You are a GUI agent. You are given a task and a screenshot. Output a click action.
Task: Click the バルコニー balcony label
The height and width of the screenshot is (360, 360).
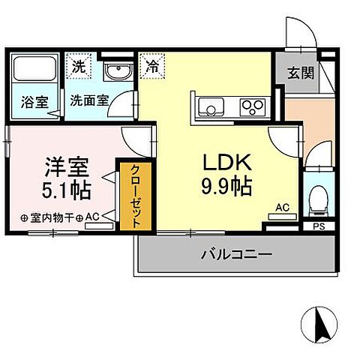point(236,253)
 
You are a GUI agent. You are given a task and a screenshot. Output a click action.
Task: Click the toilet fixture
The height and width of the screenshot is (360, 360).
point(316,198)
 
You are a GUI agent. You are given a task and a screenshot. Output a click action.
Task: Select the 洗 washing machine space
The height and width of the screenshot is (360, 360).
point(78,65)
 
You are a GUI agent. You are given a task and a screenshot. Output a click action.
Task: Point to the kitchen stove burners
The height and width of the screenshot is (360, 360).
point(251,107)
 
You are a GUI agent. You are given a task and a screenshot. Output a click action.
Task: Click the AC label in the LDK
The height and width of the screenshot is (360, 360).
point(283,207)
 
